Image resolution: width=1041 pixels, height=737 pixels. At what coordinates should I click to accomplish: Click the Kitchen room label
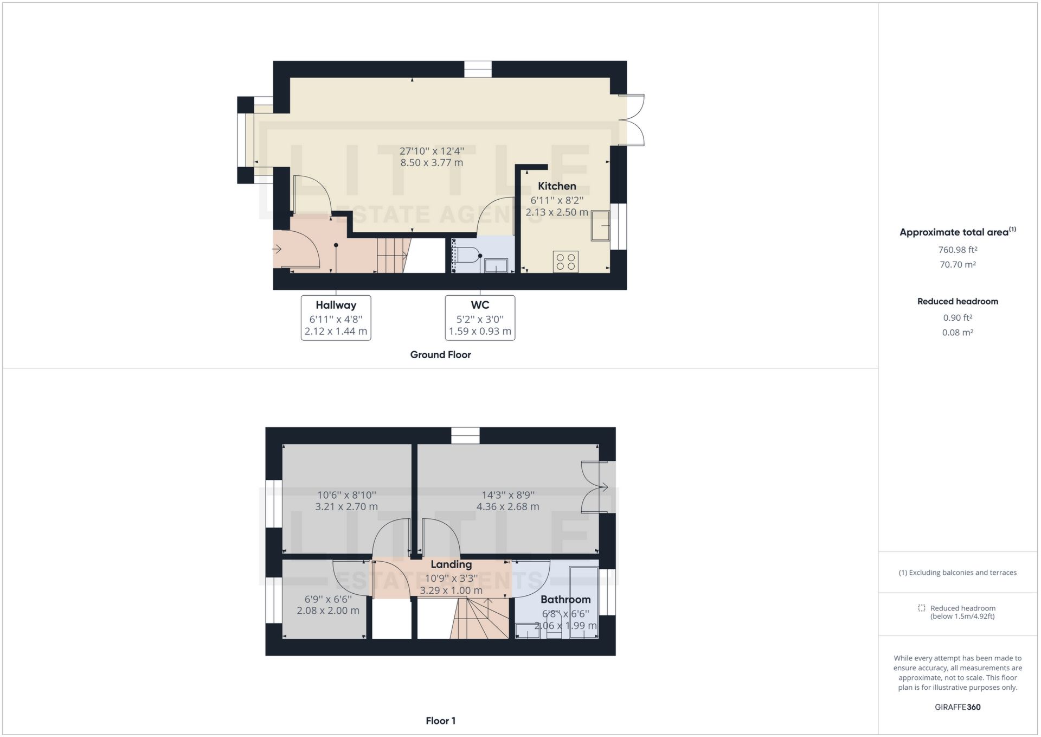[x=557, y=186]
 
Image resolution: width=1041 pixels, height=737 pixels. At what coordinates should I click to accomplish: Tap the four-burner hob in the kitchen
[x=566, y=262]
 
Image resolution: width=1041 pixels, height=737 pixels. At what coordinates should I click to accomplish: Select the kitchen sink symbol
[x=600, y=226]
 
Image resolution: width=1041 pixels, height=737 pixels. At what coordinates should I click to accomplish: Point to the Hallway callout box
[x=336, y=318]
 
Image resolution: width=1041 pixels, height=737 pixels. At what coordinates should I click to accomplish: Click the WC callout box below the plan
[x=480, y=318]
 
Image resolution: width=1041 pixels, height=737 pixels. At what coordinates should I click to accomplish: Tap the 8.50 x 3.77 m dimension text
[x=432, y=163]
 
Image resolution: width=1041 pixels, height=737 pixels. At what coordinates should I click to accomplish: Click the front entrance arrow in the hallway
[x=277, y=250]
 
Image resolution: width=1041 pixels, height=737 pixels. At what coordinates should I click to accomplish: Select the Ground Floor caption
[x=440, y=354]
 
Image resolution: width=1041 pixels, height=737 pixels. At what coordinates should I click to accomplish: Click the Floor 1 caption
[x=440, y=721]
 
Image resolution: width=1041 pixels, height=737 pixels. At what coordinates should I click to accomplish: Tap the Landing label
[x=451, y=564]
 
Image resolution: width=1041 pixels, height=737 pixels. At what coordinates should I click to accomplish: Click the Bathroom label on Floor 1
[x=566, y=600]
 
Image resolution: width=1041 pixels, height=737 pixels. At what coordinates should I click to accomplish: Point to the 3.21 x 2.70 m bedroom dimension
[x=346, y=507]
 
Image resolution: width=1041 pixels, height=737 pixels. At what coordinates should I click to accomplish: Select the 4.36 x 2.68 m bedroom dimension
[x=507, y=507]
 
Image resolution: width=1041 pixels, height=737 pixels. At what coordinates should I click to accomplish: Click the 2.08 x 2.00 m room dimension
[x=328, y=611]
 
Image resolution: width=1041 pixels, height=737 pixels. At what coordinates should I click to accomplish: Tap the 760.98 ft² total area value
[x=958, y=250]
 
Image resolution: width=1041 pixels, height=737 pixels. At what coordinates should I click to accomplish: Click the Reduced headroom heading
[x=958, y=301]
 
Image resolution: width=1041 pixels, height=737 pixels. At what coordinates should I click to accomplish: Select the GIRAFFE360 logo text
[x=958, y=707]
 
